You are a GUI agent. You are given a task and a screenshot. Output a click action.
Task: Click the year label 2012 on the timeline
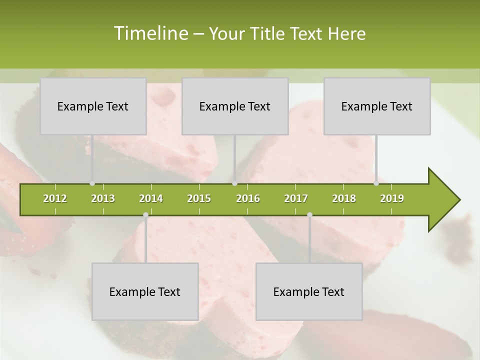coord(55,198)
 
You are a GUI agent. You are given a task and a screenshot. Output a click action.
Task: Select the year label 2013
coord(103,198)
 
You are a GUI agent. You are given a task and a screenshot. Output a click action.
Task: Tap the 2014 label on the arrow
coord(151,198)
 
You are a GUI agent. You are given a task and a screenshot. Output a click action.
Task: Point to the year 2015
coord(199,198)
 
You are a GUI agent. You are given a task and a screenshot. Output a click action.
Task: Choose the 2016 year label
coord(248,198)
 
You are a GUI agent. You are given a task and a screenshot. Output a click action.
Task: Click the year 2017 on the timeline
coord(296,198)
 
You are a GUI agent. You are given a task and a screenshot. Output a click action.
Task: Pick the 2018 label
coord(344,198)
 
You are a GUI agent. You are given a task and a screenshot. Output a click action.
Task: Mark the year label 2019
coord(392,198)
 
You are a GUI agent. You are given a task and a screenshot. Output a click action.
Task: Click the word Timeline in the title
coord(149,33)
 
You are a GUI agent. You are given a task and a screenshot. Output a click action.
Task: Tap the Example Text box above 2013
coord(93,106)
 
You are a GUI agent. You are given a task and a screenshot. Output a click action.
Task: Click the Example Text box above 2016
coord(235,106)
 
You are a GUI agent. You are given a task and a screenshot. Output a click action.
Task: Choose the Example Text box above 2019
coord(377,106)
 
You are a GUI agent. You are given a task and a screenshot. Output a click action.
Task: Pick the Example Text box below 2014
coord(145,291)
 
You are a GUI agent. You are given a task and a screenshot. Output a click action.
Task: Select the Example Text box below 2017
coord(309,291)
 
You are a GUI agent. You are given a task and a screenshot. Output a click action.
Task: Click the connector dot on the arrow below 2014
coord(145,215)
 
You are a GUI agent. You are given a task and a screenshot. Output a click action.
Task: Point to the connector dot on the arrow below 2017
coord(309,215)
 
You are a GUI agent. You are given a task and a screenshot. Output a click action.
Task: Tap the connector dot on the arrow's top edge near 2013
coord(92,183)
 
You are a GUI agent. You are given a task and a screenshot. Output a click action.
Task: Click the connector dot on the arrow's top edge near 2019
coord(376,183)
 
